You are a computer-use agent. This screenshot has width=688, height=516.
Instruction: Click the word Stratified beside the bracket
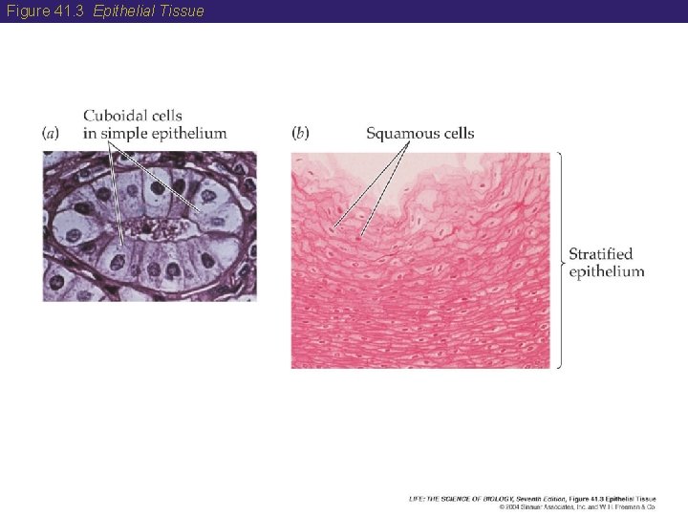click(x=600, y=254)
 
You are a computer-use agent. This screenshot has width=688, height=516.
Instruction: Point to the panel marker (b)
click(x=301, y=133)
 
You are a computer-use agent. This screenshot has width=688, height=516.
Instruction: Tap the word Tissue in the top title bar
click(x=183, y=11)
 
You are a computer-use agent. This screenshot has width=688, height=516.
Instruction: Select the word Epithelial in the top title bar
click(x=124, y=11)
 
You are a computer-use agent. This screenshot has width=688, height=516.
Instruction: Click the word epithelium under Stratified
click(x=606, y=271)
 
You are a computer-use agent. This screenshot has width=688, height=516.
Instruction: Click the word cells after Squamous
click(x=458, y=133)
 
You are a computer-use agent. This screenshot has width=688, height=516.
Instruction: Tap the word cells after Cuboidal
click(x=164, y=117)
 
